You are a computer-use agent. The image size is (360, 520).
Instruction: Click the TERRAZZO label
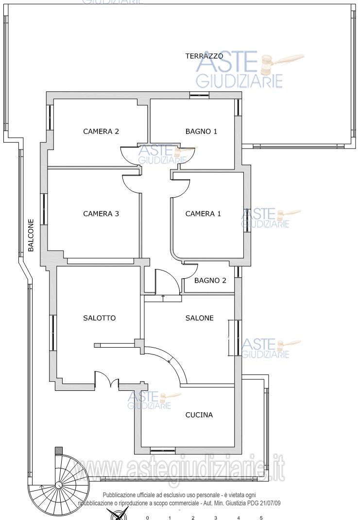[x=204, y=56]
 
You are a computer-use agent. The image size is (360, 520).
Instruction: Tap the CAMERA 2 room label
[x=101, y=131]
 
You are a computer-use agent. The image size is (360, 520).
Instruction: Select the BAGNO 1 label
[x=202, y=131]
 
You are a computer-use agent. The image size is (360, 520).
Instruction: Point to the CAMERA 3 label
[x=101, y=214]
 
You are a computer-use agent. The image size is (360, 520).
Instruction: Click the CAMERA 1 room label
[x=203, y=214]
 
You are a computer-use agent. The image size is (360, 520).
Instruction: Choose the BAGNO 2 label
[x=210, y=281]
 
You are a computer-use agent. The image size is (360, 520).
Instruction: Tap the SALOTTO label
[x=100, y=318]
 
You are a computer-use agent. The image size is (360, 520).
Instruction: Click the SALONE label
[x=199, y=318]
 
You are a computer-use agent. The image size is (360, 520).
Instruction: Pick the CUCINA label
[x=199, y=415]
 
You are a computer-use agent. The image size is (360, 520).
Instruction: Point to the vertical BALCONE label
[x=31, y=235]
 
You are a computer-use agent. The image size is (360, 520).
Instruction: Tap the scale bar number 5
[x=261, y=518]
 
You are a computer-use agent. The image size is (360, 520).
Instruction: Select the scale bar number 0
[x=147, y=518]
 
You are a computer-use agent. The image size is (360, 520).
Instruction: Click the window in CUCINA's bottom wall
[x=162, y=451]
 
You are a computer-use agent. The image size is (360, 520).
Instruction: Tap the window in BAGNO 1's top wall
[x=199, y=96]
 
